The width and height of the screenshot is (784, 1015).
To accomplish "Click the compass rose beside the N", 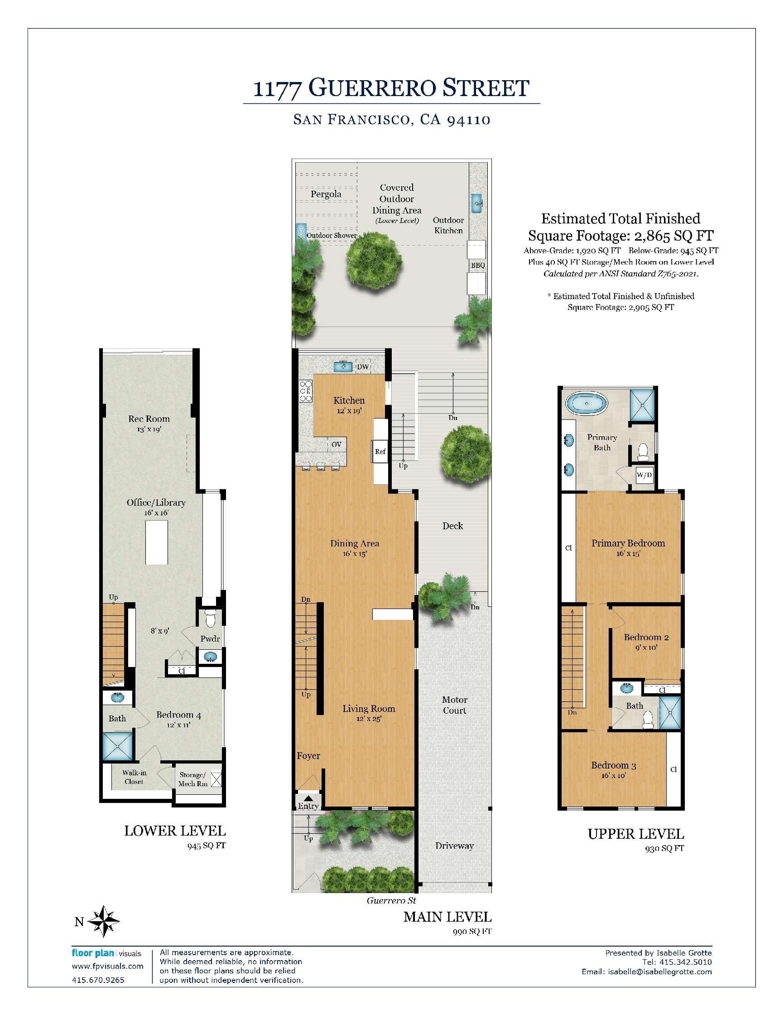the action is click(104, 921).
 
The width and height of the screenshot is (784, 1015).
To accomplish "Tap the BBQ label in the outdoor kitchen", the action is click(477, 265).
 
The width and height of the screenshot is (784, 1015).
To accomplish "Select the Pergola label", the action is click(326, 194).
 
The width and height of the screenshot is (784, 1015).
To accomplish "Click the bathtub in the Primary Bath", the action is click(587, 403).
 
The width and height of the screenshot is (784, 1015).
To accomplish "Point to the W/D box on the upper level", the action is click(644, 475).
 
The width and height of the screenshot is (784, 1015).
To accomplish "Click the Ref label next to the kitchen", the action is click(380, 451).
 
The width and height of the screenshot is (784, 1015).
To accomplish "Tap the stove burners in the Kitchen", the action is click(306, 391).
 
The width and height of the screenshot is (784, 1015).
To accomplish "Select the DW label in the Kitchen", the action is click(363, 367).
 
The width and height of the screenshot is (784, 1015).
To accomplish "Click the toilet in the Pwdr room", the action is click(211, 619).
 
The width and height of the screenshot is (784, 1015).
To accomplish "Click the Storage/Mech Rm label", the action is click(193, 779).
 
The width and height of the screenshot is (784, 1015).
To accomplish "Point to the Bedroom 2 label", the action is click(646, 637).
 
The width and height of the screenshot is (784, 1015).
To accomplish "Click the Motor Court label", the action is click(454, 705).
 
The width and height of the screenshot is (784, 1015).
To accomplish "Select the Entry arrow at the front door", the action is click(308, 797).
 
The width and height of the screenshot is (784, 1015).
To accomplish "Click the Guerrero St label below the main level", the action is click(391, 900).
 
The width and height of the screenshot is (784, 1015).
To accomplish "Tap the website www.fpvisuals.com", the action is click(107, 966).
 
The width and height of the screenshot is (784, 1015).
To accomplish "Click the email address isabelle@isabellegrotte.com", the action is click(659, 971).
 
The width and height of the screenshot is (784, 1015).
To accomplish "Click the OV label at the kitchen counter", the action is click(336, 445).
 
